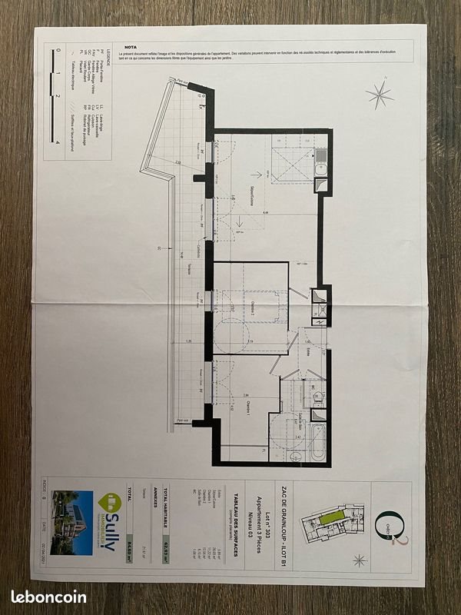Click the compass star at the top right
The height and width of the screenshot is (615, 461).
(379, 95)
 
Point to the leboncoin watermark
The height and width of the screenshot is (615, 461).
(48, 596)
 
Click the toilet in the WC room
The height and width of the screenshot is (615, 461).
(317, 397)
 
